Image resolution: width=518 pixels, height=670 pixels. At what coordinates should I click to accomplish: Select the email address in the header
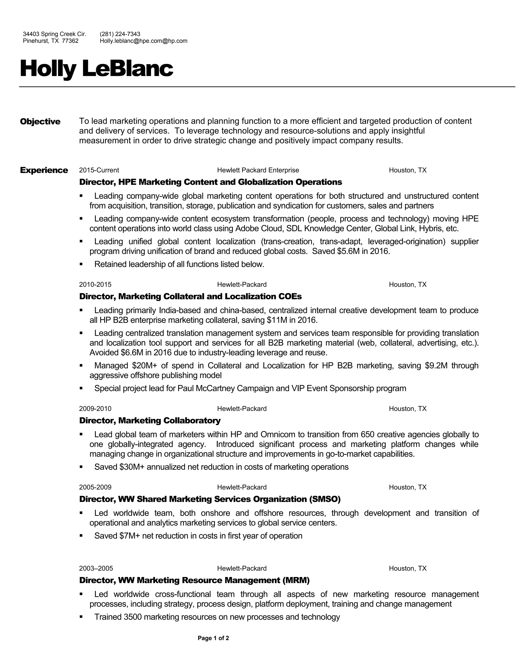143,41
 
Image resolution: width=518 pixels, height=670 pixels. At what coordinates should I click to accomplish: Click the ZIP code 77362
70,41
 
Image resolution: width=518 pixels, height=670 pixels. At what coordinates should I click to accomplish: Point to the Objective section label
40,121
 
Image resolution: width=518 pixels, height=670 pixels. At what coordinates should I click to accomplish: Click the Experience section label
44,170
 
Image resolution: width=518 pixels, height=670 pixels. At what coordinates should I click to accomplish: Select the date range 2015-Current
99,170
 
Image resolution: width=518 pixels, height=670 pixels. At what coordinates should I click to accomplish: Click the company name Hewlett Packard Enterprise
258,170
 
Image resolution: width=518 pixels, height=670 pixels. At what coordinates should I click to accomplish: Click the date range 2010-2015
95,284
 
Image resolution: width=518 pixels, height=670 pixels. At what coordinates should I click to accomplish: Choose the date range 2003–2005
96,568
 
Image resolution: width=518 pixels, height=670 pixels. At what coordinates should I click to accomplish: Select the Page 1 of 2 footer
213,638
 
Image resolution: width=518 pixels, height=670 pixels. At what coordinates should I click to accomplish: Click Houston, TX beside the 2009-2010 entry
407,409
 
